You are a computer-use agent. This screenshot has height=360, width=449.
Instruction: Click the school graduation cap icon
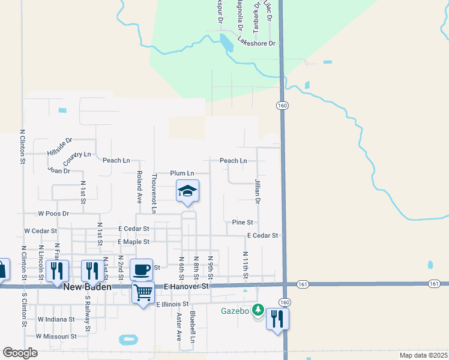coord(187,191)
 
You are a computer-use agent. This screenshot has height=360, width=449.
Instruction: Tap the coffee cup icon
coord(141,269)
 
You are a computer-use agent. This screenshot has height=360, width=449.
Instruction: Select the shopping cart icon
coord(143,293)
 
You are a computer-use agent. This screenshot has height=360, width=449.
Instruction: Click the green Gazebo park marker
coord(258,310)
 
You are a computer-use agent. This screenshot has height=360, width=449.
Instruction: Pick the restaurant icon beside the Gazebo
coord(277,318)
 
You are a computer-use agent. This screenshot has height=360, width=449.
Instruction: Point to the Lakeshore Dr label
coord(256,42)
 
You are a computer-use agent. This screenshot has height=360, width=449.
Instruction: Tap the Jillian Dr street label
coord(258,191)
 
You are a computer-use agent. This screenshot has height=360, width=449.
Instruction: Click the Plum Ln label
coord(182,173)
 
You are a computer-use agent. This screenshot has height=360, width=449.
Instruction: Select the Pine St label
coord(242,223)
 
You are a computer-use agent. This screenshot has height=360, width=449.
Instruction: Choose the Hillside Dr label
coord(59,147)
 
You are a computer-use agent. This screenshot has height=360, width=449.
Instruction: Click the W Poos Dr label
coord(53,213)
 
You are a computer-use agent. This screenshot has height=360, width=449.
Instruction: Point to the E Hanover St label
coord(186,287)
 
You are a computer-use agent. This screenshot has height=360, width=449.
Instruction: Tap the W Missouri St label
coord(56,337)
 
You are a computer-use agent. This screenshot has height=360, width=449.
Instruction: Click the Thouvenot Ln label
coord(154,193)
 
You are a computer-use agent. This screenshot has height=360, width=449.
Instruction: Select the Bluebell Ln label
coord(192,326)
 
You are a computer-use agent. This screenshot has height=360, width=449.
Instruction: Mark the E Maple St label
coord(133,241)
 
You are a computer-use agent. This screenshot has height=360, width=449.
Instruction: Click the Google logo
coord(20,353)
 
